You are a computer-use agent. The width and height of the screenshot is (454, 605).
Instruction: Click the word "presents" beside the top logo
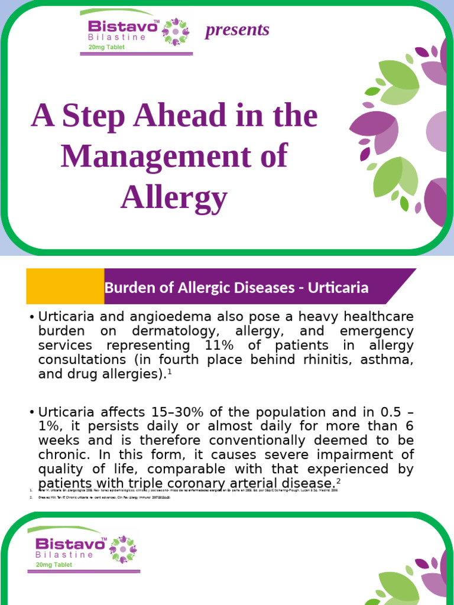pyautogui.click(x=236, y=30)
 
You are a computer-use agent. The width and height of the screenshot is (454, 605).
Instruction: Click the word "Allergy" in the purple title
pyautogui.click(x=174, y=198)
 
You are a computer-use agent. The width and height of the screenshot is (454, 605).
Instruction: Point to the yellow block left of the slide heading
pyautogui.click(x=65, y=287)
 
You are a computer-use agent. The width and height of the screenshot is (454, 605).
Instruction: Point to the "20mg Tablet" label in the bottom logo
pyautogui.click(x=54, y=565)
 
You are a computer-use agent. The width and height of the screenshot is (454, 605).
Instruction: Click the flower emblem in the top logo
pyautogui.click(x=177, y=31)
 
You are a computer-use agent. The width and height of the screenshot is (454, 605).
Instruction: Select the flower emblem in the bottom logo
pyautogui.click(x=124, y=548)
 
